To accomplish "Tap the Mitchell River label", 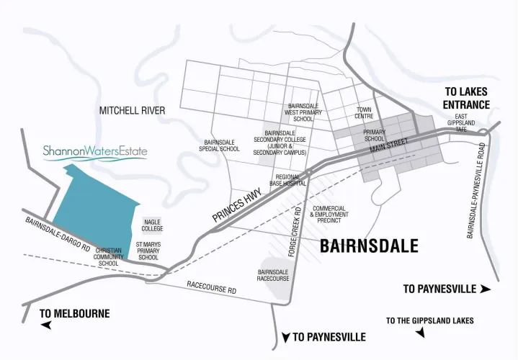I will pos(132,110).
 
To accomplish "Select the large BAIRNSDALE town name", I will pos(368,246).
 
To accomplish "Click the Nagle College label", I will pos(153,225).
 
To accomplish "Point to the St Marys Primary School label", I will pos(148,251).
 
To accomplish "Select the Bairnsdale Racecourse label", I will pos(274,275).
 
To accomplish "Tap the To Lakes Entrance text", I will pos(467,99).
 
